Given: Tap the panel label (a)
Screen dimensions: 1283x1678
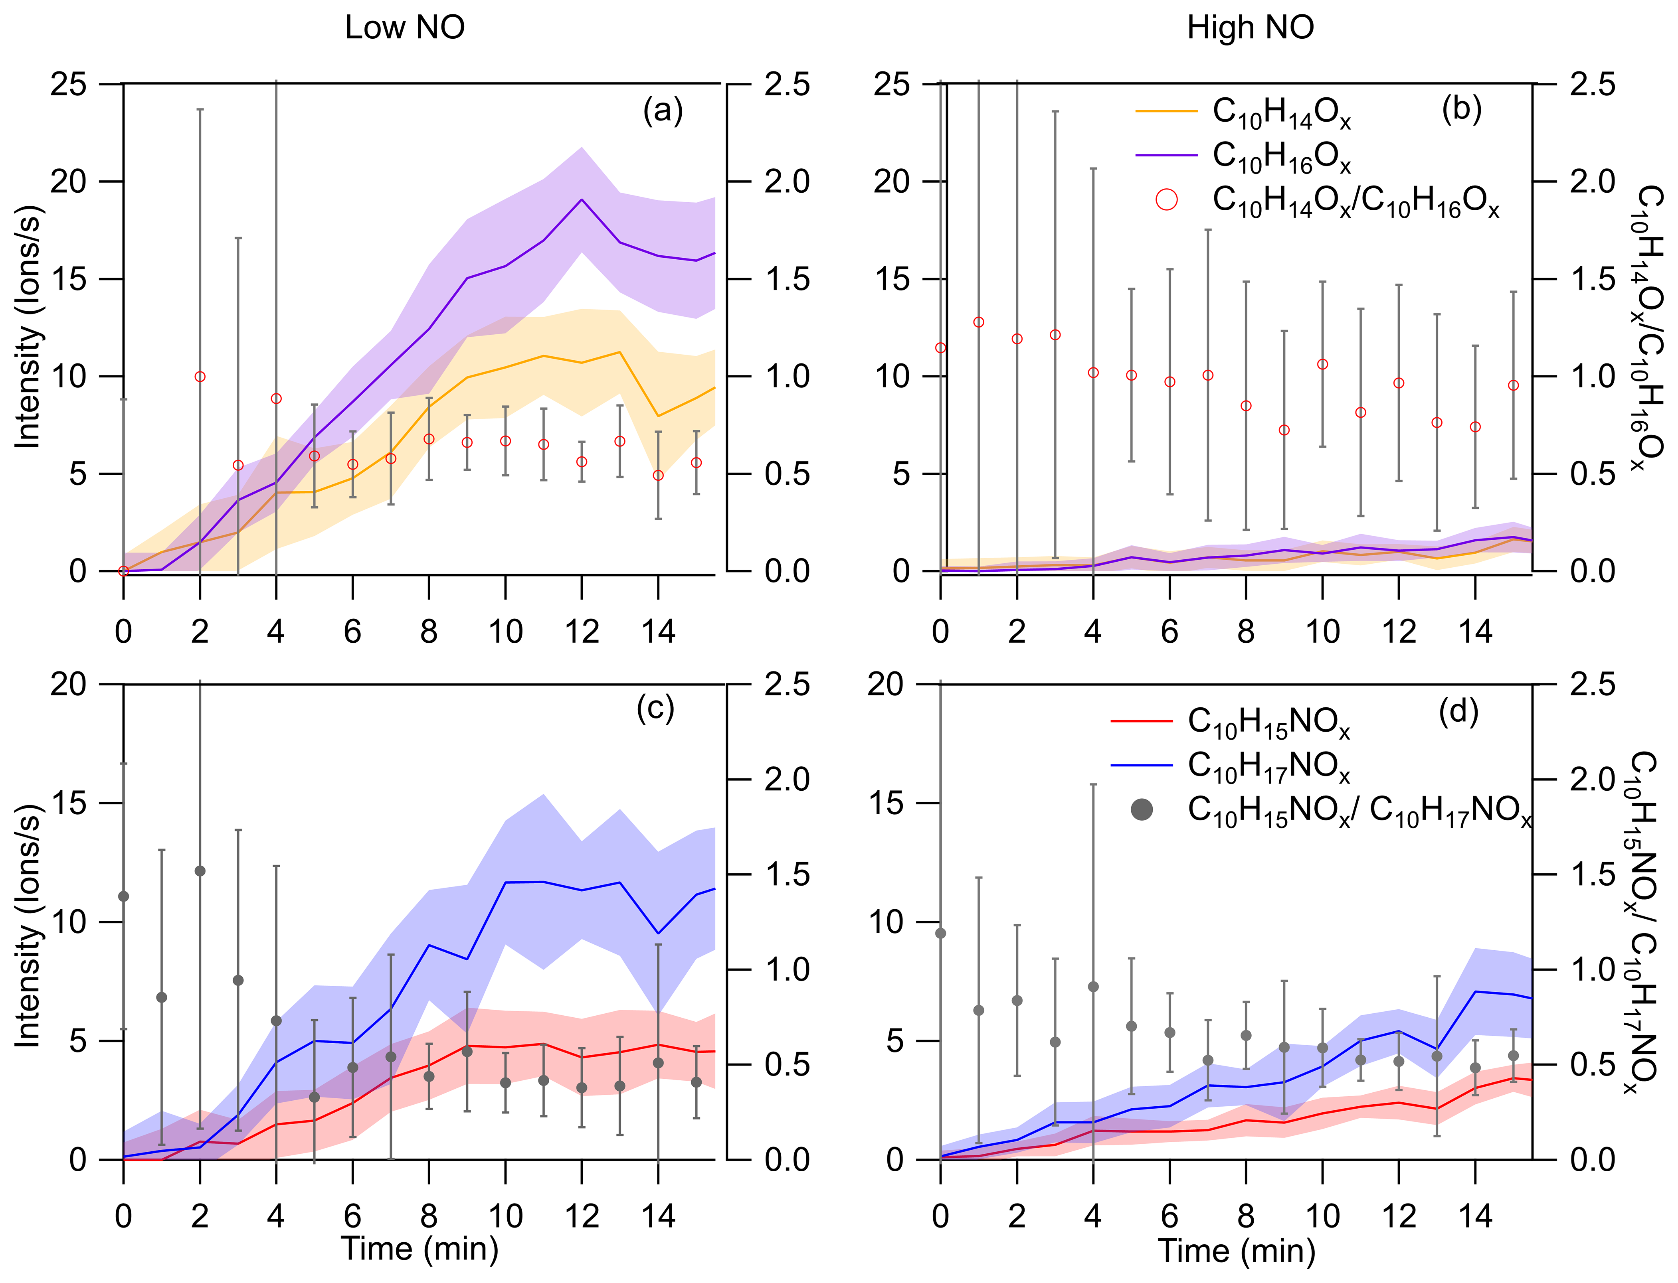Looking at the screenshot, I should click(x=663, y=111).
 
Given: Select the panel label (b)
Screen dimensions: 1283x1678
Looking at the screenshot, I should click(x=1461, y=109).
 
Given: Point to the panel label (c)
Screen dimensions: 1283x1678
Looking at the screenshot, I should click(x=655, y=709).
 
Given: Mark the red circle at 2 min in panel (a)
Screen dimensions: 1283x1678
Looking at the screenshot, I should click(x=200, y=377).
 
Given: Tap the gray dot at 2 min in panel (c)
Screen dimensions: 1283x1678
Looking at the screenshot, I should click(x=200, y=870).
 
